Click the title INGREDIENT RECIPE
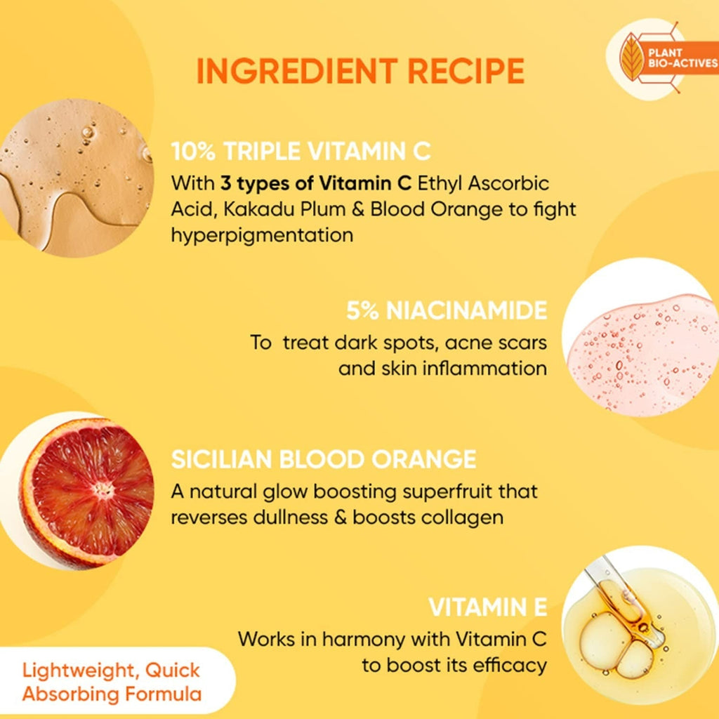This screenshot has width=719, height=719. (360, 71)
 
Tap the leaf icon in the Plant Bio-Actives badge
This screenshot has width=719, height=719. (634, 55)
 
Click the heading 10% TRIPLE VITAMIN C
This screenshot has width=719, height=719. (301, 152)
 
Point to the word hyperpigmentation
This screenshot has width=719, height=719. (262, 235)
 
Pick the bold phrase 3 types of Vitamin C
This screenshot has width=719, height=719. (316, 184)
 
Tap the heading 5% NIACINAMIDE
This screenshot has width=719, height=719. (447, 310)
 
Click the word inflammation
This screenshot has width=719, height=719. (484, 368)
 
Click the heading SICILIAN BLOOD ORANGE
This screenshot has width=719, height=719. (324, 459)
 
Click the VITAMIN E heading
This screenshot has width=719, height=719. (487, 607)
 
